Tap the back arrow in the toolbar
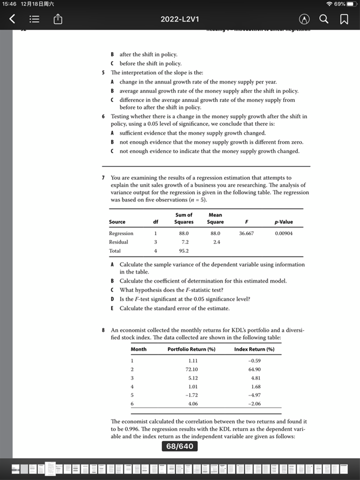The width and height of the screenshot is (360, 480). point(13,19)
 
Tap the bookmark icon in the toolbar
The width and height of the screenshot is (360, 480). point(344,19)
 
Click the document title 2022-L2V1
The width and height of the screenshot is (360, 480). point(180,19)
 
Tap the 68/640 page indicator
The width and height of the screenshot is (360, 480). point(180,446)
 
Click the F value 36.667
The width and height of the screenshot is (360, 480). point(247,233)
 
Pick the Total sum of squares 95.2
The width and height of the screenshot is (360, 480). point(184,251)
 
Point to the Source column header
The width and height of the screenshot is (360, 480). point(117,222)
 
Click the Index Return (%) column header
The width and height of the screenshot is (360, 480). point(255,349)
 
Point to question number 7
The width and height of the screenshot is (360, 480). point(103,178)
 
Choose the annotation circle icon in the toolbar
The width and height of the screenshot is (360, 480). point(305,19)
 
